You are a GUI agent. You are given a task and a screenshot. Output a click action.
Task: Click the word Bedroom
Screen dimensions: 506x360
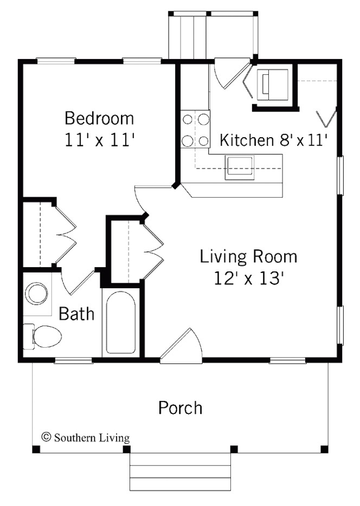click(99, 118)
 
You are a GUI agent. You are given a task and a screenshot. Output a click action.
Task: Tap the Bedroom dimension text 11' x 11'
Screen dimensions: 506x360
click(99, 140)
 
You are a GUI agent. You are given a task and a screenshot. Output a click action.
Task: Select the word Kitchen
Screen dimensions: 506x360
click(246, 140)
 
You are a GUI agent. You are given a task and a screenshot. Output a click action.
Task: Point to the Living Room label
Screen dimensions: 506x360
click(248, 256)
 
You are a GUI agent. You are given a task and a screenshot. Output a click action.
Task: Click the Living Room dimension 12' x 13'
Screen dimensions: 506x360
click(248, 278)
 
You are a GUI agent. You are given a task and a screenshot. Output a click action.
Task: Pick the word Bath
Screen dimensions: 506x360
click(76, 314)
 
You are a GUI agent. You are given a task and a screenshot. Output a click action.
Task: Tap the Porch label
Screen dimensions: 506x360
click(180, 407)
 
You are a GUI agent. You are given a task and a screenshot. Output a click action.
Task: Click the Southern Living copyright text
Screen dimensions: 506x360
click(86, 437)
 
